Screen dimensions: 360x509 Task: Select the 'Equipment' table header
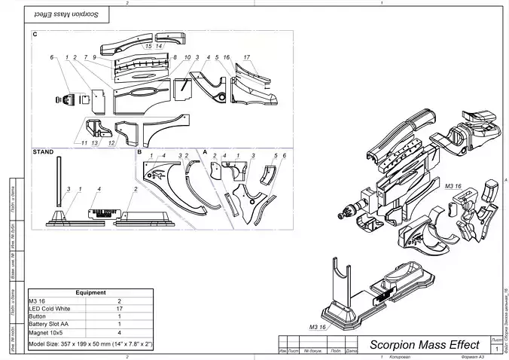90,292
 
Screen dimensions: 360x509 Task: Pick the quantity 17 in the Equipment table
120,309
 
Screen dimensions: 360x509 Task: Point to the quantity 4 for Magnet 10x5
120,331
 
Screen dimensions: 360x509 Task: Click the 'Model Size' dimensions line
90,343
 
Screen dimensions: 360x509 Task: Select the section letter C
35,35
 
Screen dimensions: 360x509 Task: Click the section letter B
139,151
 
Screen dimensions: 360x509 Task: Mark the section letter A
205,151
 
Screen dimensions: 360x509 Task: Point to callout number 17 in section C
246,57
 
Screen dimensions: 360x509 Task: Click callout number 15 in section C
148,47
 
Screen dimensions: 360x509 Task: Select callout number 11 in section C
84,142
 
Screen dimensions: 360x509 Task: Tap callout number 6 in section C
52,57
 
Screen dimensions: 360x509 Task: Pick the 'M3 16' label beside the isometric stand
317,327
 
